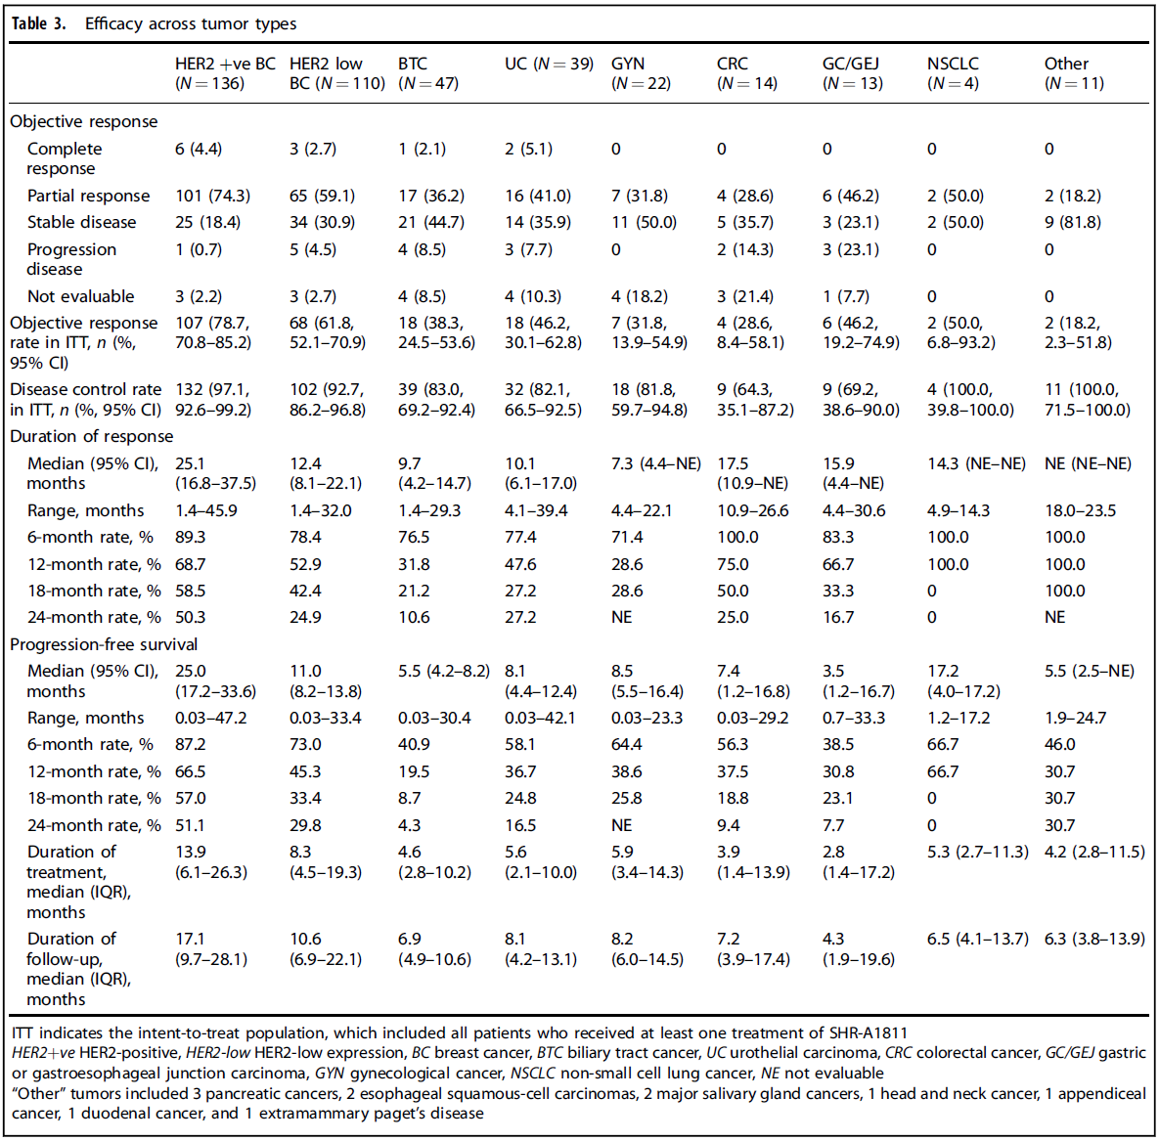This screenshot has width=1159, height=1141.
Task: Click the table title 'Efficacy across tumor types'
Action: pyautogui.click(x=191, y=23)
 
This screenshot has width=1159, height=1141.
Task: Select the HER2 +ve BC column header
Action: pyautogui.click(x=225, y=73)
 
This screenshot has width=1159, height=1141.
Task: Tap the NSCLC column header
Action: pyautogui.click(x=953, y=73)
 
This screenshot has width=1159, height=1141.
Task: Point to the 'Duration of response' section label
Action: pyautogui.click(x=91, y=436)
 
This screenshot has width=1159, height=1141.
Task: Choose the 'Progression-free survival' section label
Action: pyautogui.click(x=104, y=644)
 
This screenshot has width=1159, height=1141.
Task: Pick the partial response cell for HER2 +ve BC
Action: pyautogui.click(x=212, y=196)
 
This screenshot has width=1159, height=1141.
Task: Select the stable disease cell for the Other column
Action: pyautogui.click(x=1072, y=222)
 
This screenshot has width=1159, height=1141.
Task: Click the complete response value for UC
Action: pyautogui.click(x=528, y=149)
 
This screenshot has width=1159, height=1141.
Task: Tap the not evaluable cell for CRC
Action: pyautogui.click(x=744, y=296)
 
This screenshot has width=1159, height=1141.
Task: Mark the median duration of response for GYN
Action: pyautogui.click(x=656, y=463)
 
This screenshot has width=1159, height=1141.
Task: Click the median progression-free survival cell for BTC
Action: pyautogui.click(x=443, y=671)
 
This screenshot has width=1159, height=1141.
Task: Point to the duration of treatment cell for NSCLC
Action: pyautogui.click(x=977, y=852)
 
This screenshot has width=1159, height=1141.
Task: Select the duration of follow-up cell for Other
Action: pyautogui.click(x=1093, y=939)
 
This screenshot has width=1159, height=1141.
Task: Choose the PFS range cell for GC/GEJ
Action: pyautogui.click(x=854, y=718)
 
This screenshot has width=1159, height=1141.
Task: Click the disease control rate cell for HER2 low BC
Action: pyautogui.click(x=328, y=399)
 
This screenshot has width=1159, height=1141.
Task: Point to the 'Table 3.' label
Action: pyautogui.click(x=39, y=23)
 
